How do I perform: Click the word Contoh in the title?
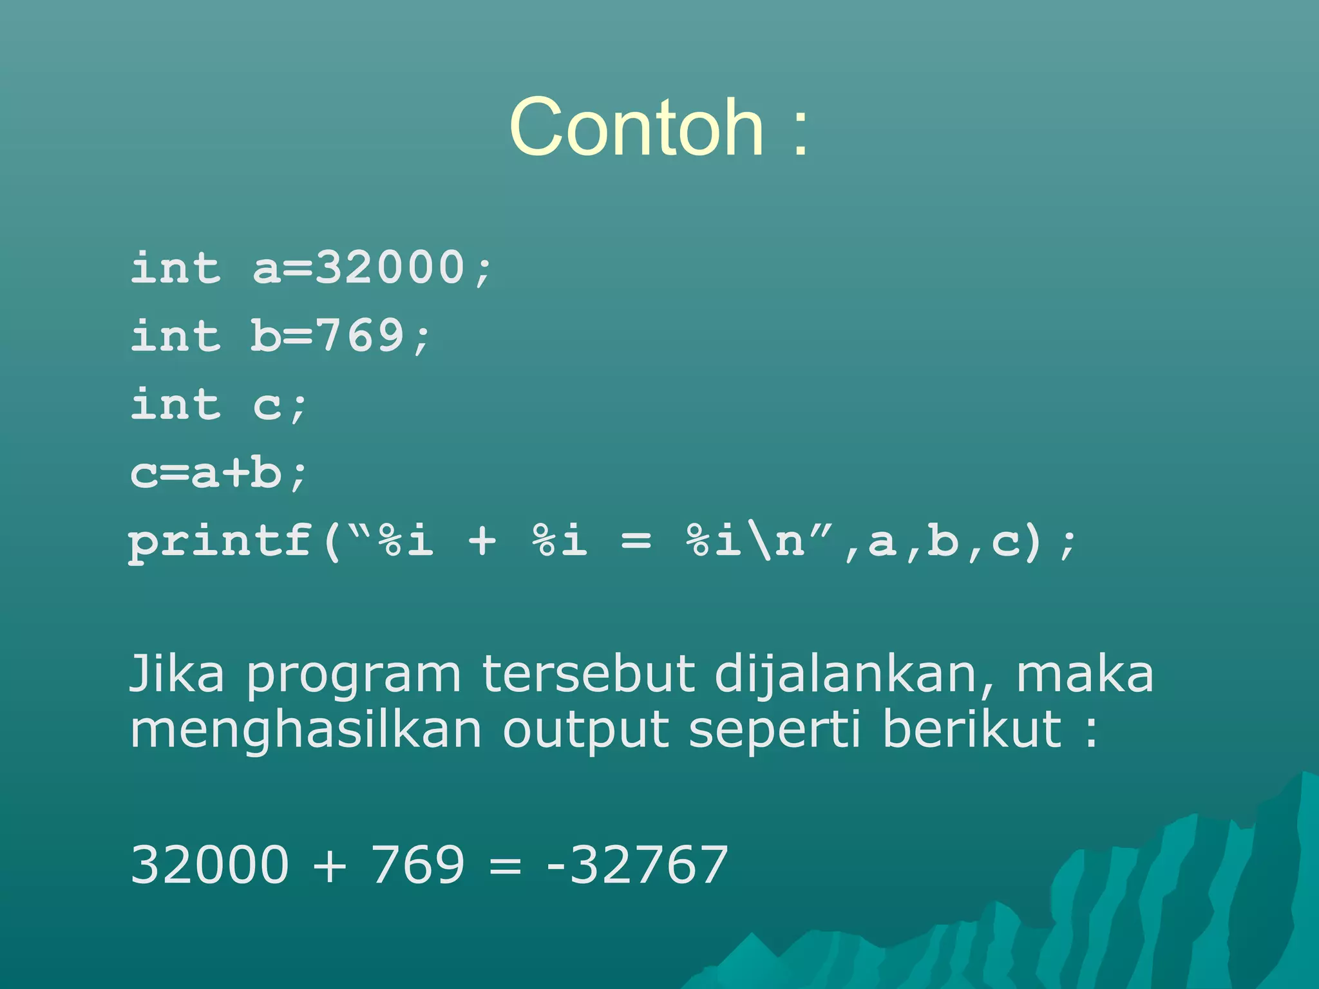point(636,127)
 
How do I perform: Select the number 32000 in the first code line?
point(390,267)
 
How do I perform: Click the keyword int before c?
point(176,404)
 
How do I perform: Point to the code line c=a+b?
point(219,473)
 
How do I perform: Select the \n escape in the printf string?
point(779,541)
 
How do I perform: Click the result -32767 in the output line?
point(637,865)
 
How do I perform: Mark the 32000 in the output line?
point(210,865)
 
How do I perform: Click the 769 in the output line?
point(417,865)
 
